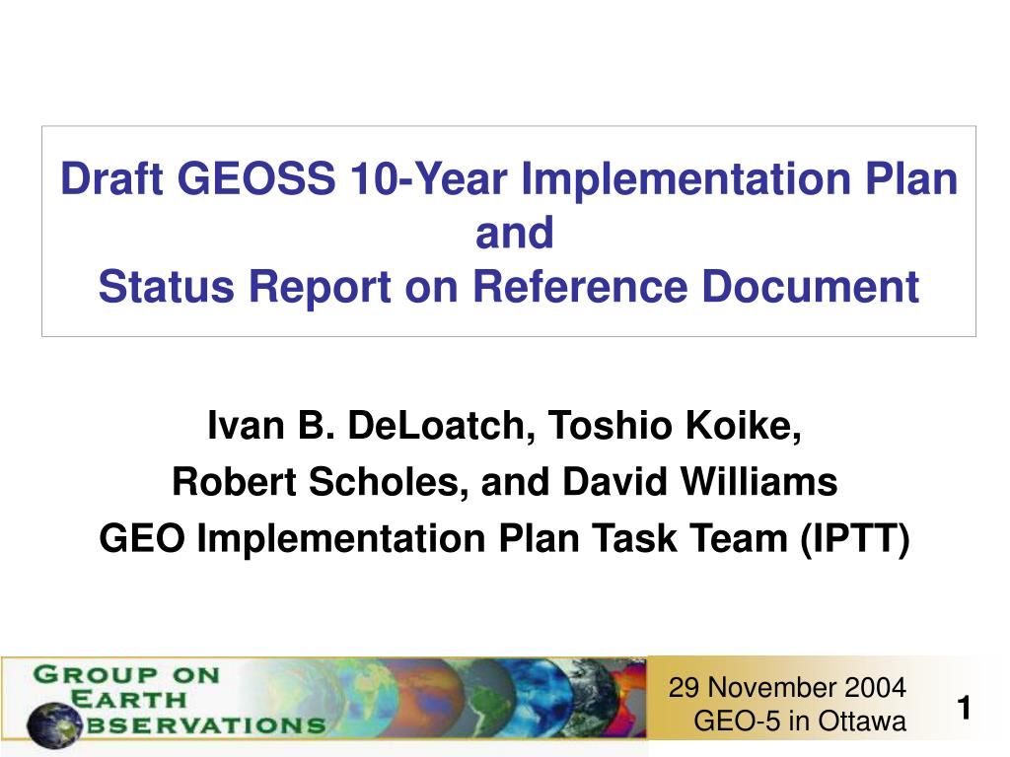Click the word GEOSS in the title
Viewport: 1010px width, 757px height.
tap(256, 178)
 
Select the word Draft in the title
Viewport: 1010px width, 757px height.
tap(111, 178)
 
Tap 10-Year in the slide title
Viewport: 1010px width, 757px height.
tap(428, 178)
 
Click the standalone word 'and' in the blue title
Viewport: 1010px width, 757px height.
tap(514, 233)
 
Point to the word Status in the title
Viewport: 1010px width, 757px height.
tap(166, 287)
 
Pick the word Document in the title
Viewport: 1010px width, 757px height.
tap(811, 287)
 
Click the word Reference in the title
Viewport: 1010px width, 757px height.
tap(580, 287)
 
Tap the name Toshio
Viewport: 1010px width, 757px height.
tap(610, 426)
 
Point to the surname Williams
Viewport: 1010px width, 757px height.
tap(758, 481)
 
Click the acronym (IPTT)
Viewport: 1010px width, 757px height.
tap(855, 538)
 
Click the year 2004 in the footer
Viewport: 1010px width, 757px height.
tap(876, 687)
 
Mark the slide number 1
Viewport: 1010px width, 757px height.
tap(965, 708)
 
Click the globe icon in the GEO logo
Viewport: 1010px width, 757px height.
tap(55, 725)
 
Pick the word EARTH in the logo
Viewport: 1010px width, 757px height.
tap(127, 699)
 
